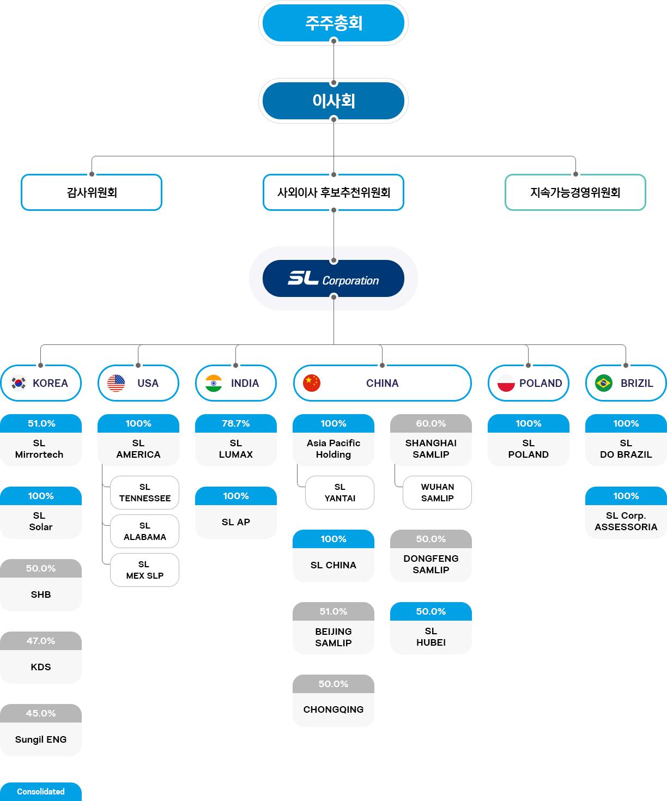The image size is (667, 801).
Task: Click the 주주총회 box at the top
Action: [333, 23]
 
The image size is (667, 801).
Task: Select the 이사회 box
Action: [333, 101]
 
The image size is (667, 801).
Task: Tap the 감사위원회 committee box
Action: [92, 192]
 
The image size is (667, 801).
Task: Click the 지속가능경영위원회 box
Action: [575, 192]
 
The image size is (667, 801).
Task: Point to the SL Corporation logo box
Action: [333, 278]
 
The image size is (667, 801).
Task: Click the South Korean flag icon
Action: [19, 383]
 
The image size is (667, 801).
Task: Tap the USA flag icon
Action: [116, 383]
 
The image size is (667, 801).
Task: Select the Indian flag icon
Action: [214, 383]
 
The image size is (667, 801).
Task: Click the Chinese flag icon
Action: [312, 383]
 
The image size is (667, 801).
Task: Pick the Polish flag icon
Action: [506, 383]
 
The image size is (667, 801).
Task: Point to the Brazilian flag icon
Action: [604, 383]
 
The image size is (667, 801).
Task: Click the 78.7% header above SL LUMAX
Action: [235, 423]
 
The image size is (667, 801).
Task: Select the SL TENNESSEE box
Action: [145, 493]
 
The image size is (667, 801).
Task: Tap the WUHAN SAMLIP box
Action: [437, 493]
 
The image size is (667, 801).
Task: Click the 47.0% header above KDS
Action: [41, 641]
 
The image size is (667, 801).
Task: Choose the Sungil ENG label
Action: [41, 739]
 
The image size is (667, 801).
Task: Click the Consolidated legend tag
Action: [41, 791]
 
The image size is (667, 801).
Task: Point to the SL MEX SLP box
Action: [145, 569]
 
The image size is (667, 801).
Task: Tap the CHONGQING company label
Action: [333, 709]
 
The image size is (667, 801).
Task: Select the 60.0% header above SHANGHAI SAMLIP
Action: [431, 423]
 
